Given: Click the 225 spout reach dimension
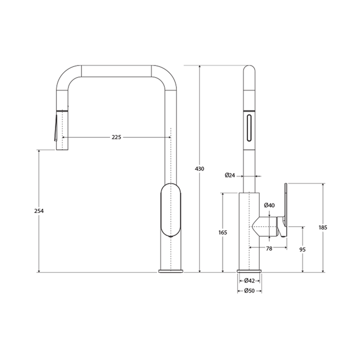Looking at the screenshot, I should coord(116,137).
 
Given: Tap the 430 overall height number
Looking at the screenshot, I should coord(199,169).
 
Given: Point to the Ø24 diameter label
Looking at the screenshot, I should coord(230,175).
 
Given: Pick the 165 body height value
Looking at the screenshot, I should coord(223,232).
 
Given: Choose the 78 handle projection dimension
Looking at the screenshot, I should coord(269,248).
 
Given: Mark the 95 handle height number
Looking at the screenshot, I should coord(302,249).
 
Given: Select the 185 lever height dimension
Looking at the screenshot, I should coord(323,227).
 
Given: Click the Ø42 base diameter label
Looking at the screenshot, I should coord(249,280).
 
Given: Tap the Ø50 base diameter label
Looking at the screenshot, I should coord(249,291).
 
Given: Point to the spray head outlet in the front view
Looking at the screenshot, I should coord(61,148).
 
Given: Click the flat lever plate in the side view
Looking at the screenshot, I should coord(286,215).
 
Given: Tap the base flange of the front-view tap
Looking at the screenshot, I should coord(171,271).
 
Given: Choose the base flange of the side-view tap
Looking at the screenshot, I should coord(249,271).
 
